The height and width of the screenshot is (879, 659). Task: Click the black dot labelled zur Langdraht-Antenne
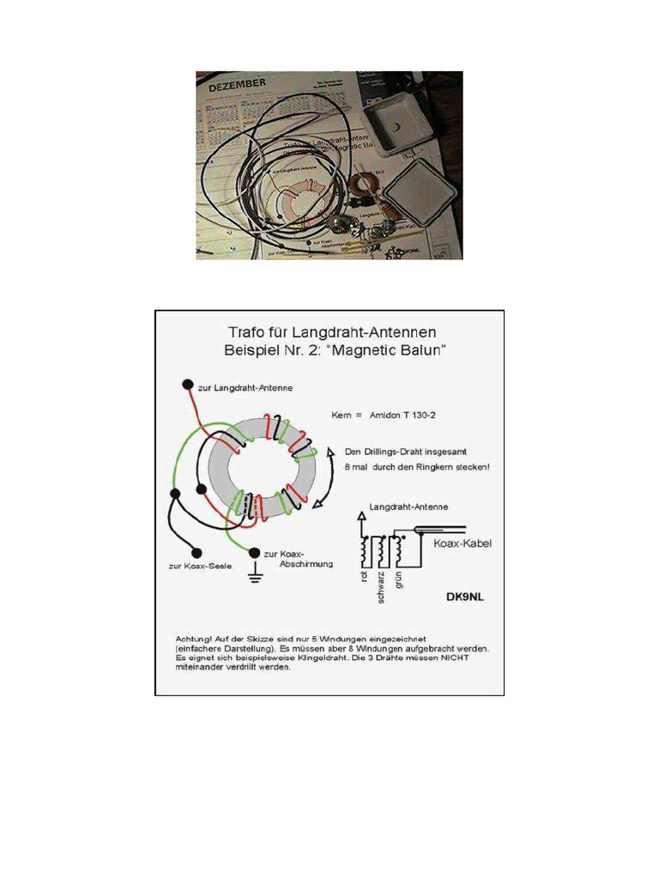tap(185, 385)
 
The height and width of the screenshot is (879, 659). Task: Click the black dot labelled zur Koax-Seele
tap(196, 553)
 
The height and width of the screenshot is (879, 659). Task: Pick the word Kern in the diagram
tap(341, 415)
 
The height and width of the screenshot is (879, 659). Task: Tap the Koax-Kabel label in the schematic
tap(463, 543)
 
